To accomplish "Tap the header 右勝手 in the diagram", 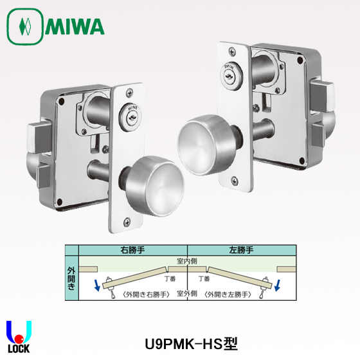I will (130, 249).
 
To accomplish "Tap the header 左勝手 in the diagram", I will (243, 249).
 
